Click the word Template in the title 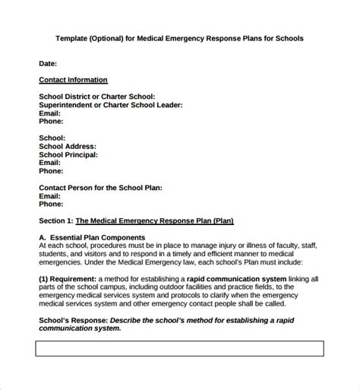(72, 38)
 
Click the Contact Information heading (73, 80)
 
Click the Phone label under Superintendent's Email (51, 121)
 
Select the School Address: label (68, 146)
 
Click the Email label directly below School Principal (49, 163)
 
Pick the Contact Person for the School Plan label (100, 187)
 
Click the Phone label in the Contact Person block (51, 204)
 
